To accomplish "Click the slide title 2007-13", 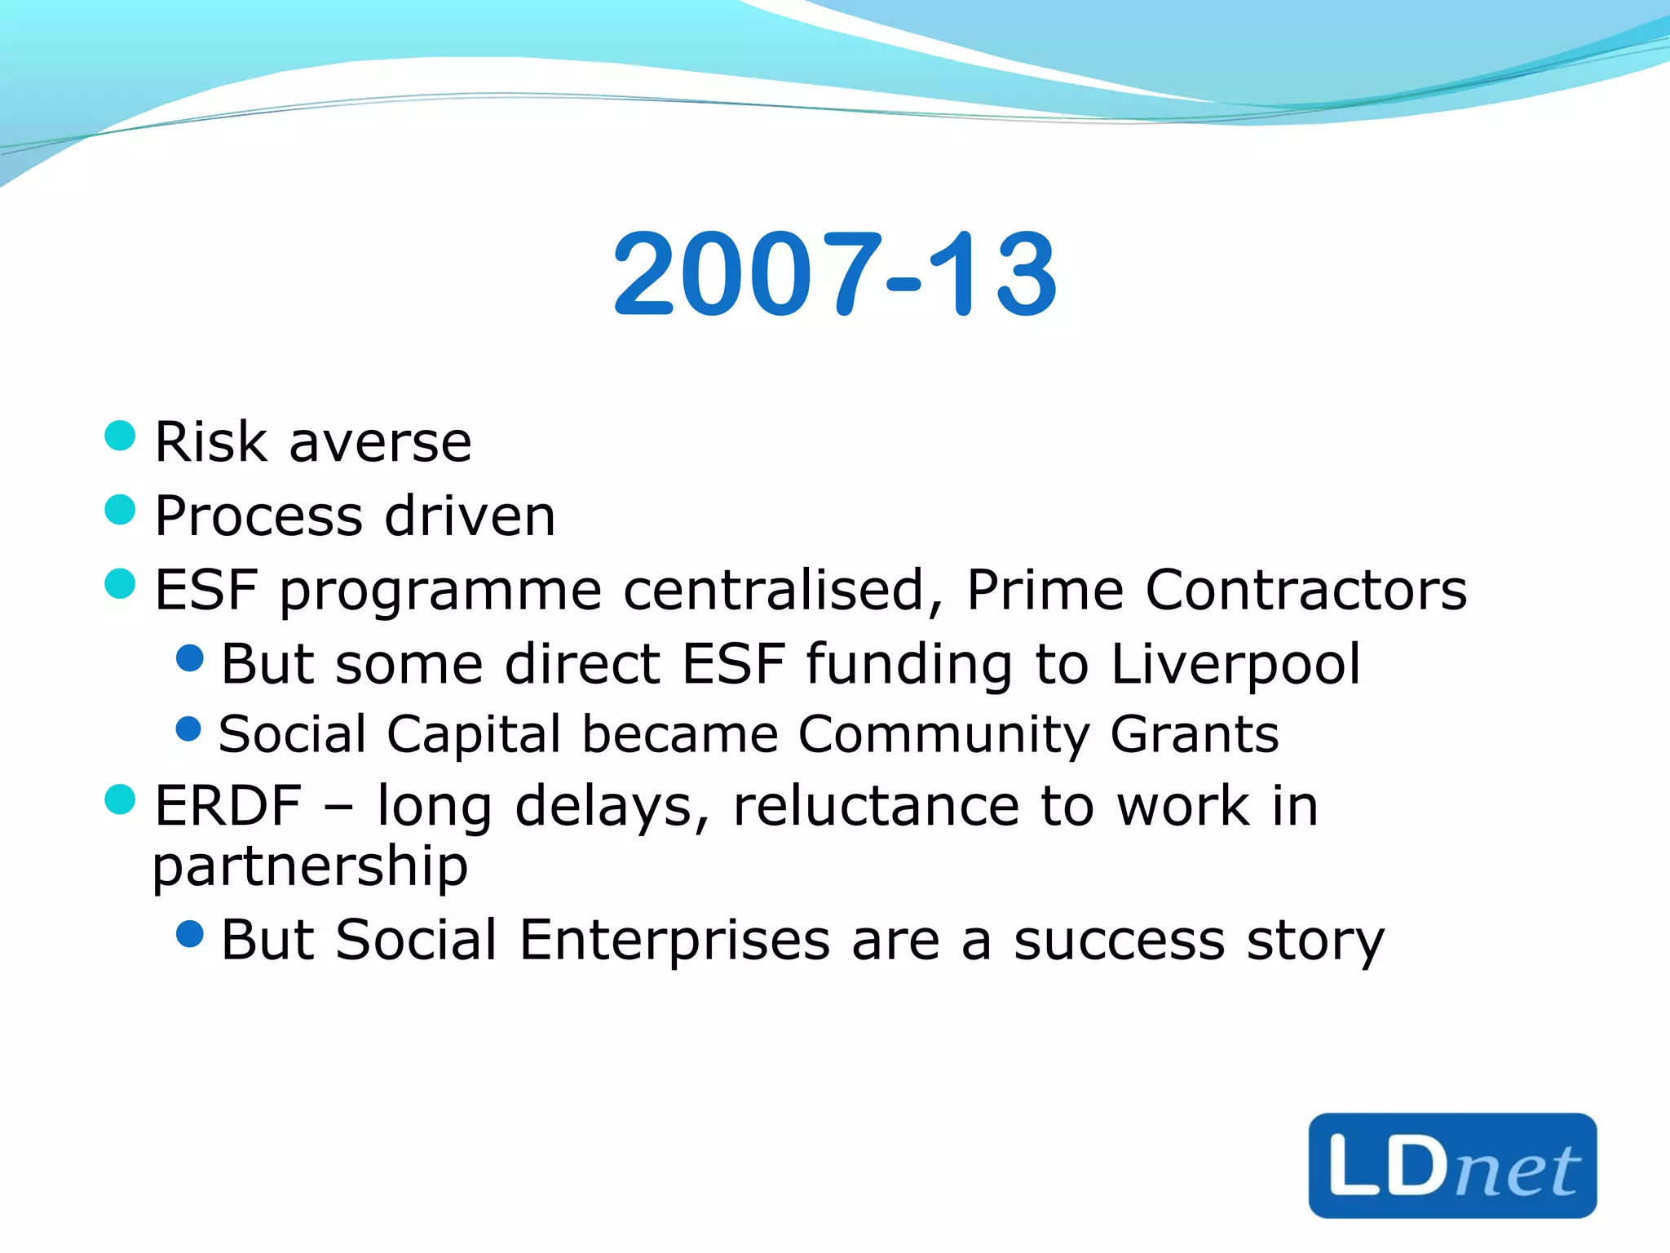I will point(835,274).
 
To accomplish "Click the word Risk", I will point(210,442).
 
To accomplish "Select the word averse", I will point(380,444).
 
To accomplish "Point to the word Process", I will point(258,517).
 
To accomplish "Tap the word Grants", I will point(1195,734).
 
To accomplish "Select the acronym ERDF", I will point(228,806).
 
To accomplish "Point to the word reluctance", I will point(876,806).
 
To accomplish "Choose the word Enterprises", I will point(674,940).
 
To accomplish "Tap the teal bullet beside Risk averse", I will point(120,436).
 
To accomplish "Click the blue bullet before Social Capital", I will point(188,728).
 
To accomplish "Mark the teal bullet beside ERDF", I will point(120,799).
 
